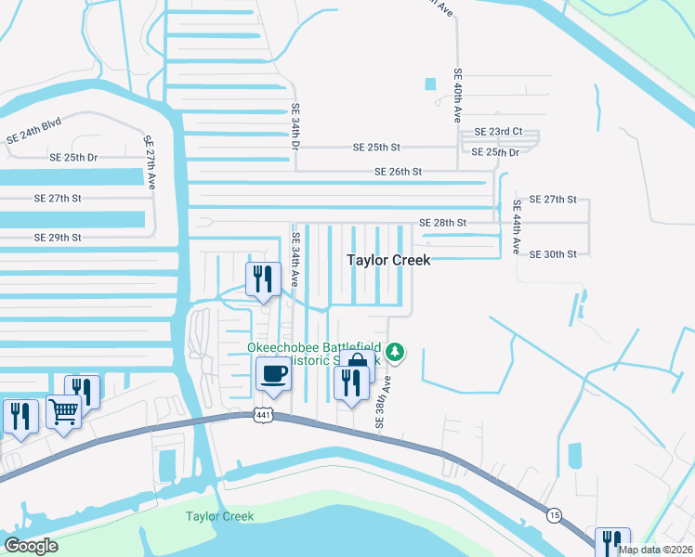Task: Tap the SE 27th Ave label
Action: point(148,162)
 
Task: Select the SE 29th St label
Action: point(58,238)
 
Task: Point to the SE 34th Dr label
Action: point(295,127)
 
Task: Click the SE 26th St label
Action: point(398,172)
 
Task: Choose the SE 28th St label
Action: point(442,223)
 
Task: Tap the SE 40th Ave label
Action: point(457,96)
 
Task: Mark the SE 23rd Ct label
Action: point(498,133)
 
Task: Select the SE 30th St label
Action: point(553,253)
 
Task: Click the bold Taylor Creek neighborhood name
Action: point(388,260)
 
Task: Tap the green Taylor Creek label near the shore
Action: point(219,516)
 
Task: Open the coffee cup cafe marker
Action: point(273,374)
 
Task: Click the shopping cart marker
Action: point(63,410)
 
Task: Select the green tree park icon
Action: point(396,352)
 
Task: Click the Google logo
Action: point(31,546)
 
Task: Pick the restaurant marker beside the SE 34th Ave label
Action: point(263,278)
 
